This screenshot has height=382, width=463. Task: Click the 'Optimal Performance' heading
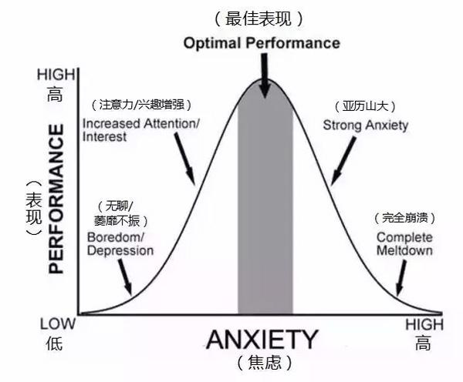[262, 43]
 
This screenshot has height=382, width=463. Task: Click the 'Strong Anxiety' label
[365, 125]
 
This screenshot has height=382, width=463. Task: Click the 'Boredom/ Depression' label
[120, 243]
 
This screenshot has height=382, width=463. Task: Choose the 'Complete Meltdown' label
[404, 243]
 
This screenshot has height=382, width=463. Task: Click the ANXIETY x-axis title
[262, 340]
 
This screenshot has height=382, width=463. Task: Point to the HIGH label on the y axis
[56, 75]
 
